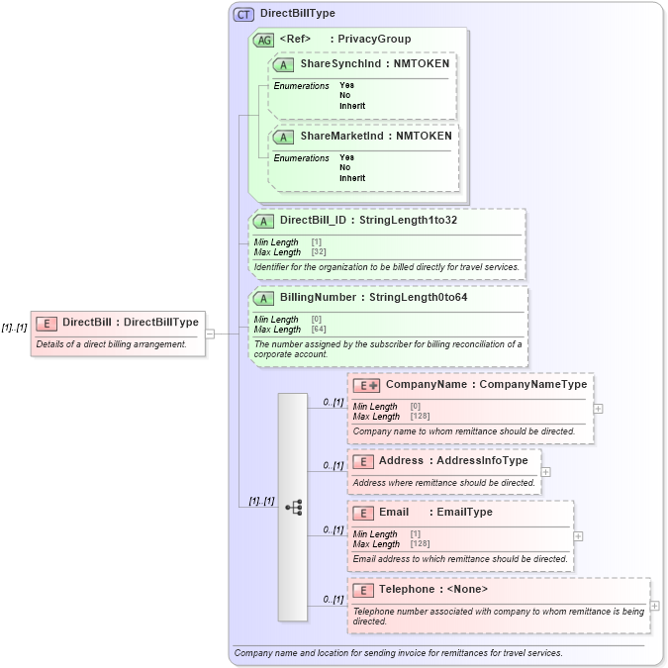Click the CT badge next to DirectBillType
coord(243,14)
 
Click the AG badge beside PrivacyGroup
coord(264,40)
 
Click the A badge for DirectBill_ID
coord(264,221)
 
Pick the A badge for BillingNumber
coord(264,298)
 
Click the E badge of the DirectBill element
coord(46,323)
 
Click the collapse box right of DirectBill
coord(210,334)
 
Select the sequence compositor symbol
coord(293,507)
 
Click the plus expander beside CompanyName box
coord(598,408)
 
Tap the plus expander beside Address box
coord(545,472)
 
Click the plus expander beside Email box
coord(578,535)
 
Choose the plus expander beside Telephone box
coord(654,606)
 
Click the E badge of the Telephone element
coord(363,590)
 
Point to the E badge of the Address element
coord(363,461)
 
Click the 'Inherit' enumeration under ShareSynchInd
coord(352,105)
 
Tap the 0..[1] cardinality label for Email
coord(333,529)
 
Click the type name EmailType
coord(465,513)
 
